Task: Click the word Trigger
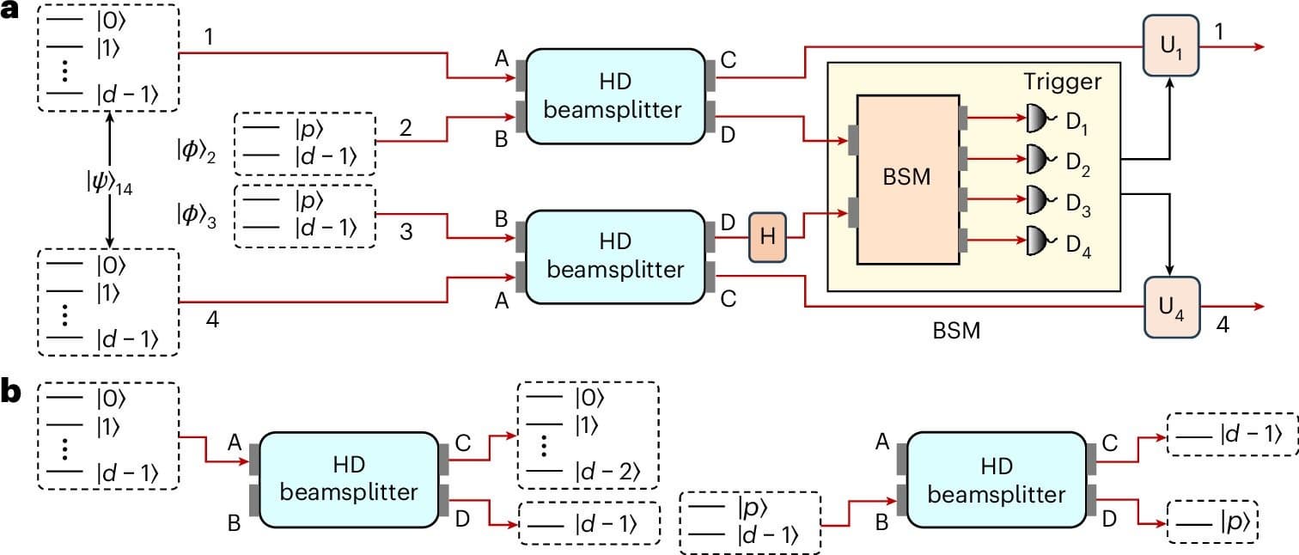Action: [1062, 82]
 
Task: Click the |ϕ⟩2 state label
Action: [192, 151]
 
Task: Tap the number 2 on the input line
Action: [406, 127]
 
